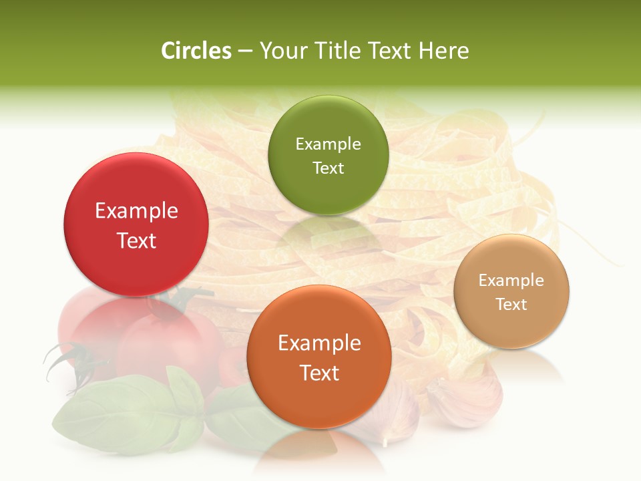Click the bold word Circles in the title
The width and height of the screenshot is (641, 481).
tap(196, 51)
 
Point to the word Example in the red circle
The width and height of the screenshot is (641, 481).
tap(136, 211)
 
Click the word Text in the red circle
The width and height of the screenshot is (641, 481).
tap(136, 240)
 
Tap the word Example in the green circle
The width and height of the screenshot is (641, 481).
tap(328, 144)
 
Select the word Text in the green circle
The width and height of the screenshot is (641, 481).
tap(328, 168)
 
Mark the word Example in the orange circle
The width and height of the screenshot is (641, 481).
tap(319, 343)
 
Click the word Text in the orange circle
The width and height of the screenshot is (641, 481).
tap(319, 373)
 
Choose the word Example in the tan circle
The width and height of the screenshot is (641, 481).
tap(511, 281)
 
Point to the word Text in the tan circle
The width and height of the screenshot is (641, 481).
tap(511, 304)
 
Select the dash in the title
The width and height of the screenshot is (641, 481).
tap(245, 51)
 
